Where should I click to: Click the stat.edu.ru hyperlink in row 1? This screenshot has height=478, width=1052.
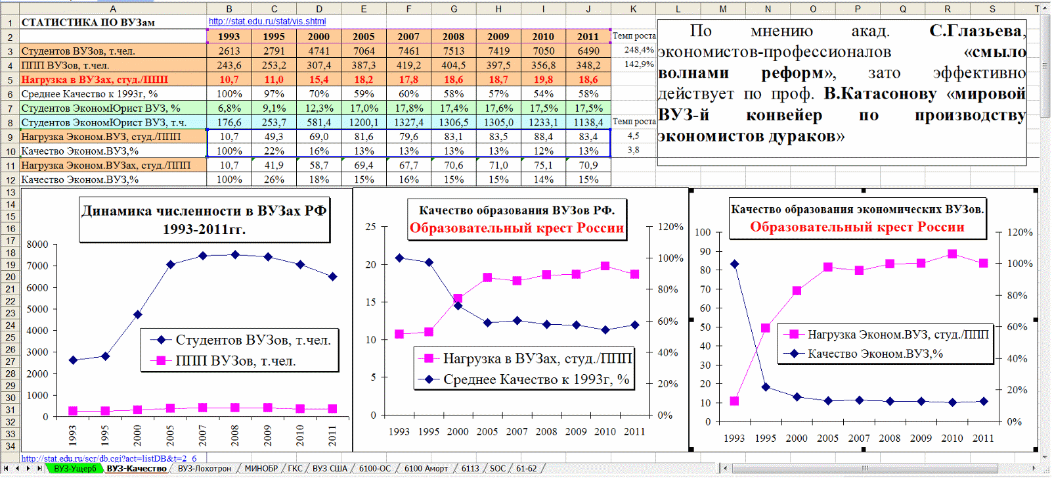[x=267, y=22]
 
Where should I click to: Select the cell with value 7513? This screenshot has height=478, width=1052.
[x=453, y=51]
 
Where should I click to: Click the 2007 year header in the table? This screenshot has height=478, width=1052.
[x=408, y=37]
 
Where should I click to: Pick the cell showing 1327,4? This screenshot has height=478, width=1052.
[x=408, y=122]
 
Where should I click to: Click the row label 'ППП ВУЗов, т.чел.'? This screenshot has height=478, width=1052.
[x=66, y=66]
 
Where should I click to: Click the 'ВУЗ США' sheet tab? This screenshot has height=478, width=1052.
[x=330, y=469]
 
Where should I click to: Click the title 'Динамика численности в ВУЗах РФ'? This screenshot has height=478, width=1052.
[x=204, y=211]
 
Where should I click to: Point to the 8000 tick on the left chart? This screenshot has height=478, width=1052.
[x=37, y=245]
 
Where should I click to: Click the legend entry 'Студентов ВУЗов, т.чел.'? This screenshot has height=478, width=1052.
[x=253, y=341]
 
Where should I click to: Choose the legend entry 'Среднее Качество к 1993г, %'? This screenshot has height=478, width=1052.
[x=536, y=379]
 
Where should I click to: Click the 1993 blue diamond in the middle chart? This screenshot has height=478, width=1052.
[x=399, y=258]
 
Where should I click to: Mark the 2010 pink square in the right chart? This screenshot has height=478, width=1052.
[x=952, y=254]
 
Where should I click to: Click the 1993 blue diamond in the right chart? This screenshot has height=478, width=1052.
[x=734, y=264]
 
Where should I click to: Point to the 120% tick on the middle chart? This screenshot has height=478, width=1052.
[x=670, y=227]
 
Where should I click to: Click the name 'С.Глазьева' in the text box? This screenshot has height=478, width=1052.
[x=976, y=32]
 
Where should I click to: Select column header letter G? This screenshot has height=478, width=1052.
[x=453, y=9]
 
